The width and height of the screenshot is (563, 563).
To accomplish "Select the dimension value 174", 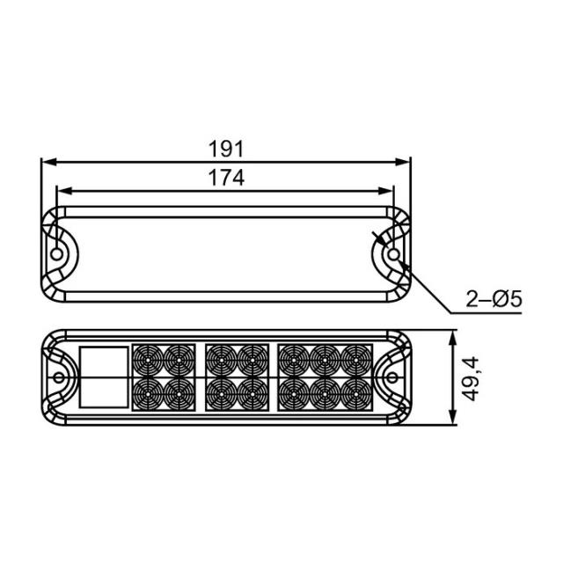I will click(x=226, y=177).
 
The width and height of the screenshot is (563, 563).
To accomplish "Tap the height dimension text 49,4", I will click(x=472, y=378).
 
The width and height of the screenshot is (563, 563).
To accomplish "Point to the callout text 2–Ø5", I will click(x=494, y=300).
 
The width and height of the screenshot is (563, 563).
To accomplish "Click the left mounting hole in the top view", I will click(x=58, y=254).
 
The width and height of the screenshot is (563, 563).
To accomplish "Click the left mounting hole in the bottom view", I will click(x=58, y=378).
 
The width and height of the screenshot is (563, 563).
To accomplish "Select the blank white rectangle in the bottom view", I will click(x=104, y=377).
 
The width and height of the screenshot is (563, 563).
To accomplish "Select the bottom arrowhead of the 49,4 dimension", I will click(x=453, y=420).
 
